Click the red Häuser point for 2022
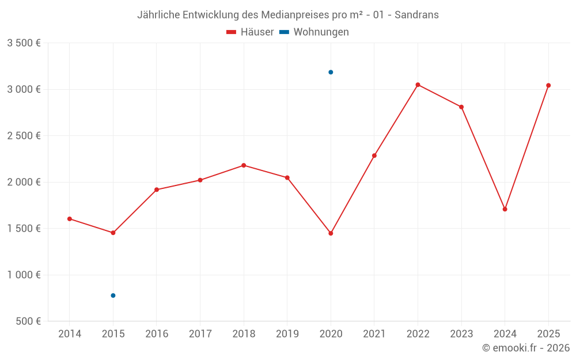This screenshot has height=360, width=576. point(418,85)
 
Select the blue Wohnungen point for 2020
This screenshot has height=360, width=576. point(331,72)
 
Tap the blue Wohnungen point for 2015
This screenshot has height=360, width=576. point(113,295)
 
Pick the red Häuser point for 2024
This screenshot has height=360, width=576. point(505,209)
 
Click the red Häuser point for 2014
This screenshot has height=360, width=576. point(70,219)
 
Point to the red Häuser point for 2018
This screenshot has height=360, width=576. point(244,165)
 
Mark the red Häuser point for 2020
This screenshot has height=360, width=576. point(331,233)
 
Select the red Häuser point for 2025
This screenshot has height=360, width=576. point(548,85)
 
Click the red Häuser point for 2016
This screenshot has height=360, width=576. point(157,190)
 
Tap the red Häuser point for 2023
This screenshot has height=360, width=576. point(461,107)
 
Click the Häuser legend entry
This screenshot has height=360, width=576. point(251,32)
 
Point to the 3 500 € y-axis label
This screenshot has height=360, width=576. point(24,43)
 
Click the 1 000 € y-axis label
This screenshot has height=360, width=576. point(24,275)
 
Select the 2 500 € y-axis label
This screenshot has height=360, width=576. point(24,136)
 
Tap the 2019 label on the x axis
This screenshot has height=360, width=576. point(287,334)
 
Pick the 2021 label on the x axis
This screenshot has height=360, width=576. point(374,334)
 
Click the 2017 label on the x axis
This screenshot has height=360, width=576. point(200,334)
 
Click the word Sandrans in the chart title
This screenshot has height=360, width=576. point(416,15)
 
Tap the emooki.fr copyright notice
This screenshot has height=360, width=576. point(525,348)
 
